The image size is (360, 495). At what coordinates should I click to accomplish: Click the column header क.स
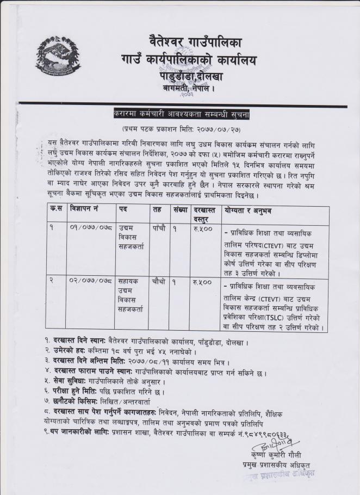[54, 209]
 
